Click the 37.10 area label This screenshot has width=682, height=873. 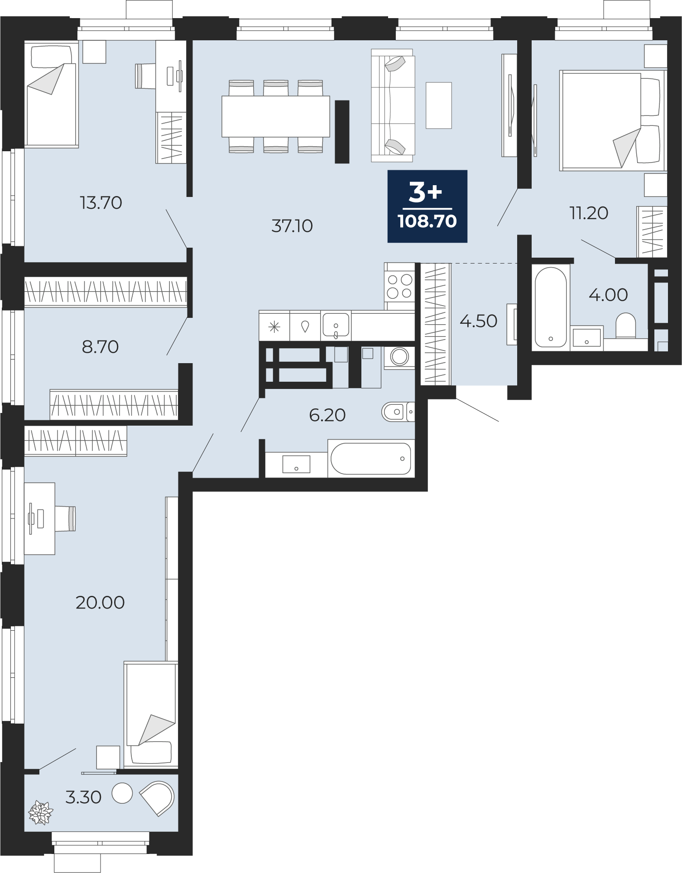pos(292,225)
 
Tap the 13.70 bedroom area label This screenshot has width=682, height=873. pos(101,202)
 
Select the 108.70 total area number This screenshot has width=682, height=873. pos(427,221)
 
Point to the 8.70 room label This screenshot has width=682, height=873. pos(100,346)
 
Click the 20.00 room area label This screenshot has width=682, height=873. pos(100,602)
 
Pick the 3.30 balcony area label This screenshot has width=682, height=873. pos(83,797)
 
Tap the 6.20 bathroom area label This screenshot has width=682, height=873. pos(327,415)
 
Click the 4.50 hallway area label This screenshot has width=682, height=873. pos(479,321)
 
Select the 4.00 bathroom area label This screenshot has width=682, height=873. pos(608,295)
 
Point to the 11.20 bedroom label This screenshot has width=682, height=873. pos(589,212)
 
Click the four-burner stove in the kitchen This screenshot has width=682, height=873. pos(400,286)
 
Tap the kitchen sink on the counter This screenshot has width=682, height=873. pos(336,325)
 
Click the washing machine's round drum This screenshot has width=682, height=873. pos(399,356)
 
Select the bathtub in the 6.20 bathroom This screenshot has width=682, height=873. pos(371,458)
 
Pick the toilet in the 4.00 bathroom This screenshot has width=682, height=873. pos(626,325)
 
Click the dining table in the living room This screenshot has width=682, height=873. pos(276,116)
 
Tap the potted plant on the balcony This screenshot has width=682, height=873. pos(41,813)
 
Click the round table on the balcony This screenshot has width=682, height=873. pos(122,793)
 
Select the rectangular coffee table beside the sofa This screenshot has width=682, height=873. pos(439,106)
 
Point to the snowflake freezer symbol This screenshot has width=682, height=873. pos(274,327)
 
